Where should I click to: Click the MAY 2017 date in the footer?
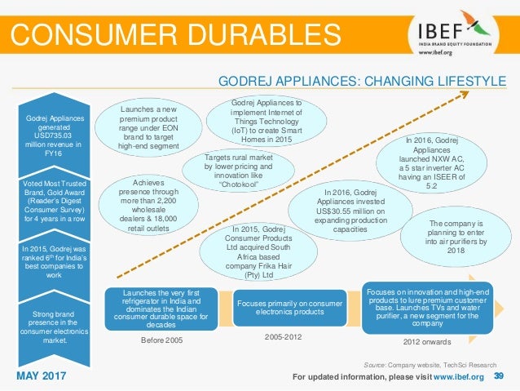click(x=42, y=376)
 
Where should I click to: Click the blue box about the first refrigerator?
click(x=161, y=309)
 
